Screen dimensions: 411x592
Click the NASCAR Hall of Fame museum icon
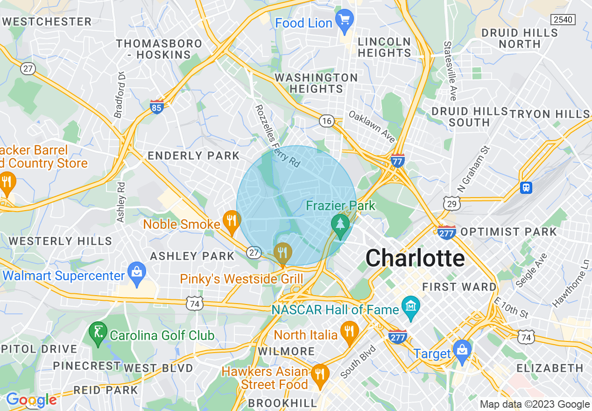click(410, 307)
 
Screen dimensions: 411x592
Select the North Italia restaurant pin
click(349, 332)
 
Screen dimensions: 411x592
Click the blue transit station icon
click(526, 187)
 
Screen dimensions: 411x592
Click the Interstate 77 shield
click(398, 161)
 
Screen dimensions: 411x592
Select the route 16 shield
click(326, 121)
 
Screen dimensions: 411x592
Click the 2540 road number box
click(563, 20)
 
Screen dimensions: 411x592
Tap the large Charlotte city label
click(415, 258)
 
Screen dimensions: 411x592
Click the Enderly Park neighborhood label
click(194, 156)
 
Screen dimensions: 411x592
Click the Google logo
click(31, 400)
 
